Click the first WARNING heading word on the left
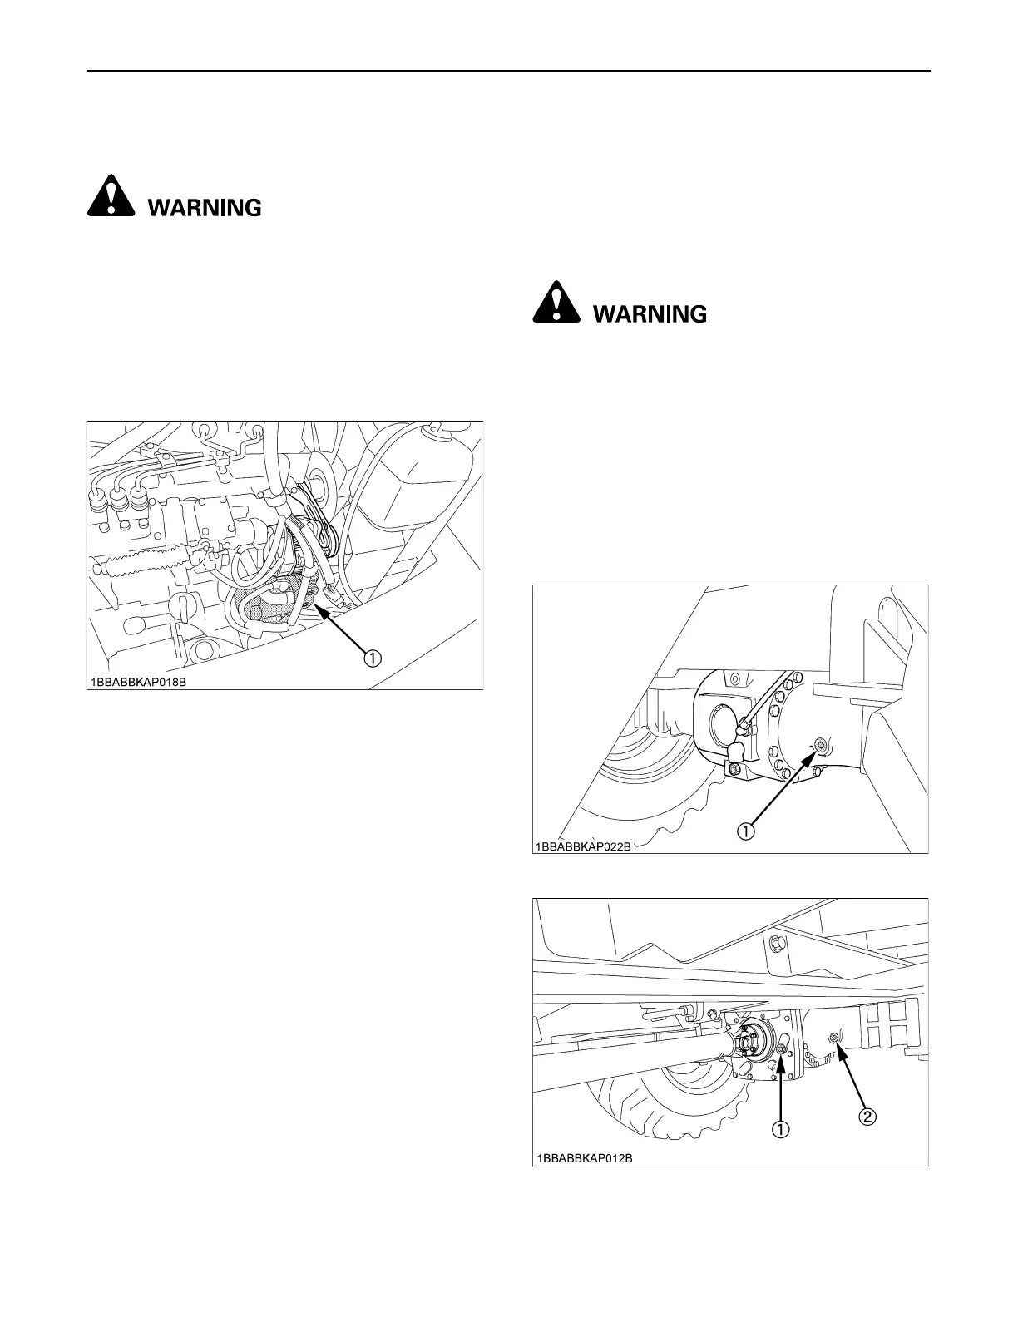[x=205, y=207]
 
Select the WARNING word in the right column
[x=649, y=314]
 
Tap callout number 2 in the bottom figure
[x=866, y=1117]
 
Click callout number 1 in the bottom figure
[x=782, y=1129]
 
